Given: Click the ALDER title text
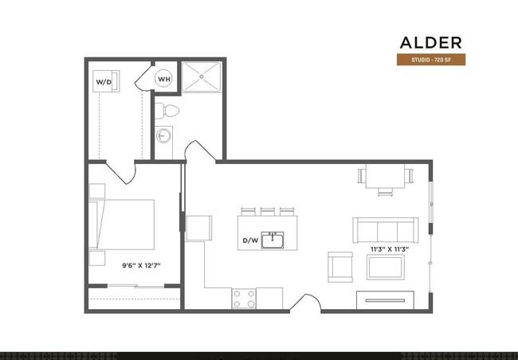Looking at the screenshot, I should click(x=430, y=42).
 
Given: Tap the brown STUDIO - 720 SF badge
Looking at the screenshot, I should click(x=430, y=61).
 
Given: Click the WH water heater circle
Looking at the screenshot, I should click(x=163, y=79).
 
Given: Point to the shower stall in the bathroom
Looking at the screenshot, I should click(x=202, y=78).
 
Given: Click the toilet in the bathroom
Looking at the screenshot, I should click(x=167, y=110).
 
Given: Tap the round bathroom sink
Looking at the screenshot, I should click(x=165, y=135).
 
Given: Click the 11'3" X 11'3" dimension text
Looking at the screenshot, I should click(x=389, y=249).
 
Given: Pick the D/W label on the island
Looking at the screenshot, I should click(x=250, y=241).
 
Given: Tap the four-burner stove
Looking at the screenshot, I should click(x=244, y=299).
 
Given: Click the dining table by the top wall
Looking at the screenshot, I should click(x=386, y=177).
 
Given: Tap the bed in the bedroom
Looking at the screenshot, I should click(x=126, y=225).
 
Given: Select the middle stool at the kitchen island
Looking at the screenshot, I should click(x=266, y=211).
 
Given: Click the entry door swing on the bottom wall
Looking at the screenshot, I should click(x=308, y=303).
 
